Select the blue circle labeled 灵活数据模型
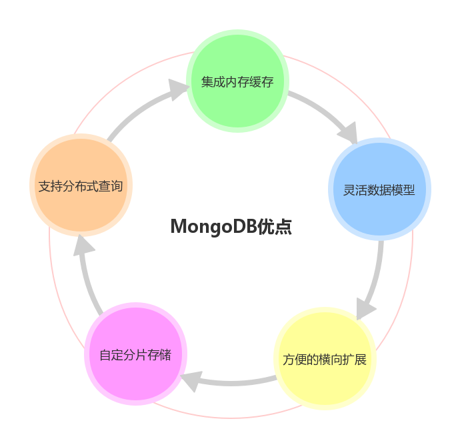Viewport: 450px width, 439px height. (x=379, y=189)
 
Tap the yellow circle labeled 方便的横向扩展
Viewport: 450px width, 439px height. (x=325, y=359)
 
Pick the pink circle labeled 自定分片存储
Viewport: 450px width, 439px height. (x=135, y=354)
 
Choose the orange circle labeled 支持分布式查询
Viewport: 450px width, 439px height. (x=80, y=186)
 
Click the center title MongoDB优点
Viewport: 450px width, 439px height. (x=231, y=227)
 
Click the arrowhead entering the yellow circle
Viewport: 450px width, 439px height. (x=365, y=309)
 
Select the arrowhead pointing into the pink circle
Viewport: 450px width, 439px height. (x=190, y=381)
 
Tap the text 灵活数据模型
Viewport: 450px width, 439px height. (x=379, y=190)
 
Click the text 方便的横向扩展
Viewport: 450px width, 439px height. (x=325, y=360)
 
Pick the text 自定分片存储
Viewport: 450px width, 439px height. (x=135, y=355)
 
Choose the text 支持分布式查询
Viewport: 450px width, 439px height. (x=80, y=186)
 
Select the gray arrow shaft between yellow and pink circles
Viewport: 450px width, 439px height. (x=237, y=382)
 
